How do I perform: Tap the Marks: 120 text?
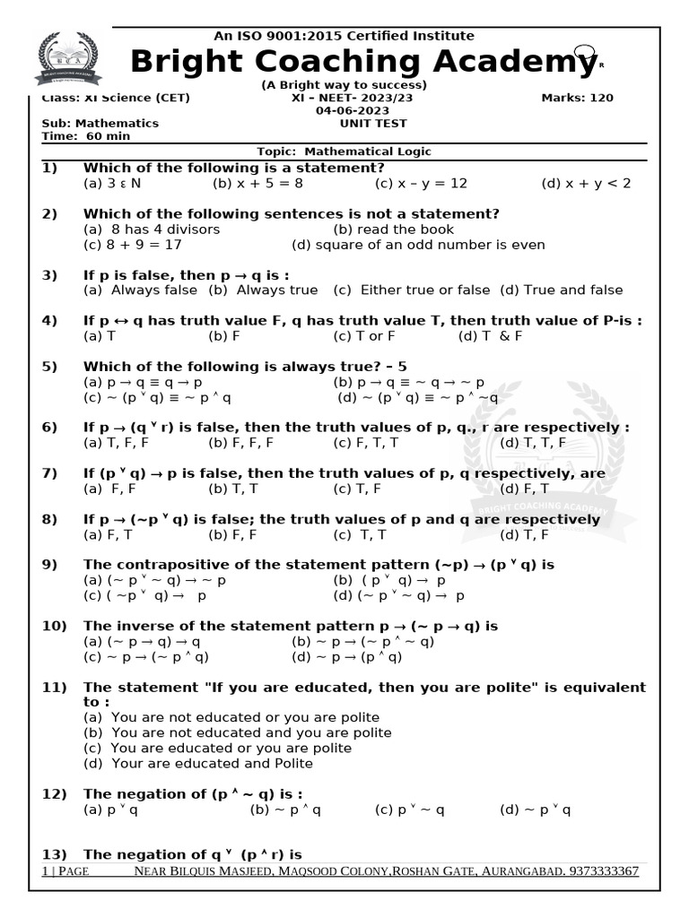578,98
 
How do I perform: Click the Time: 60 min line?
86,136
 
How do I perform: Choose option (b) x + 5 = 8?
258,184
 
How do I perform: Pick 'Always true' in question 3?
263,290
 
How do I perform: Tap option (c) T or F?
364,336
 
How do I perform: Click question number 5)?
49,367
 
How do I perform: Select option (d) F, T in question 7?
522,489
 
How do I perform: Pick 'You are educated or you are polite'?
231,748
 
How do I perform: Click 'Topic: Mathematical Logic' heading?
344,152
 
